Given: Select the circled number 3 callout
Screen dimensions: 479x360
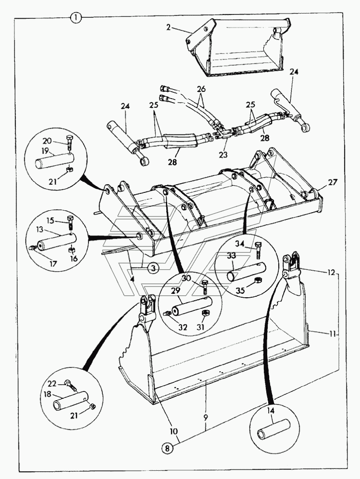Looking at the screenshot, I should [152, 269].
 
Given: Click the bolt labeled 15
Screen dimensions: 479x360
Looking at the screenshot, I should [72, 222].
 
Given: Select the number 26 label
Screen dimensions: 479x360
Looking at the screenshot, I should [201, 89].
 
